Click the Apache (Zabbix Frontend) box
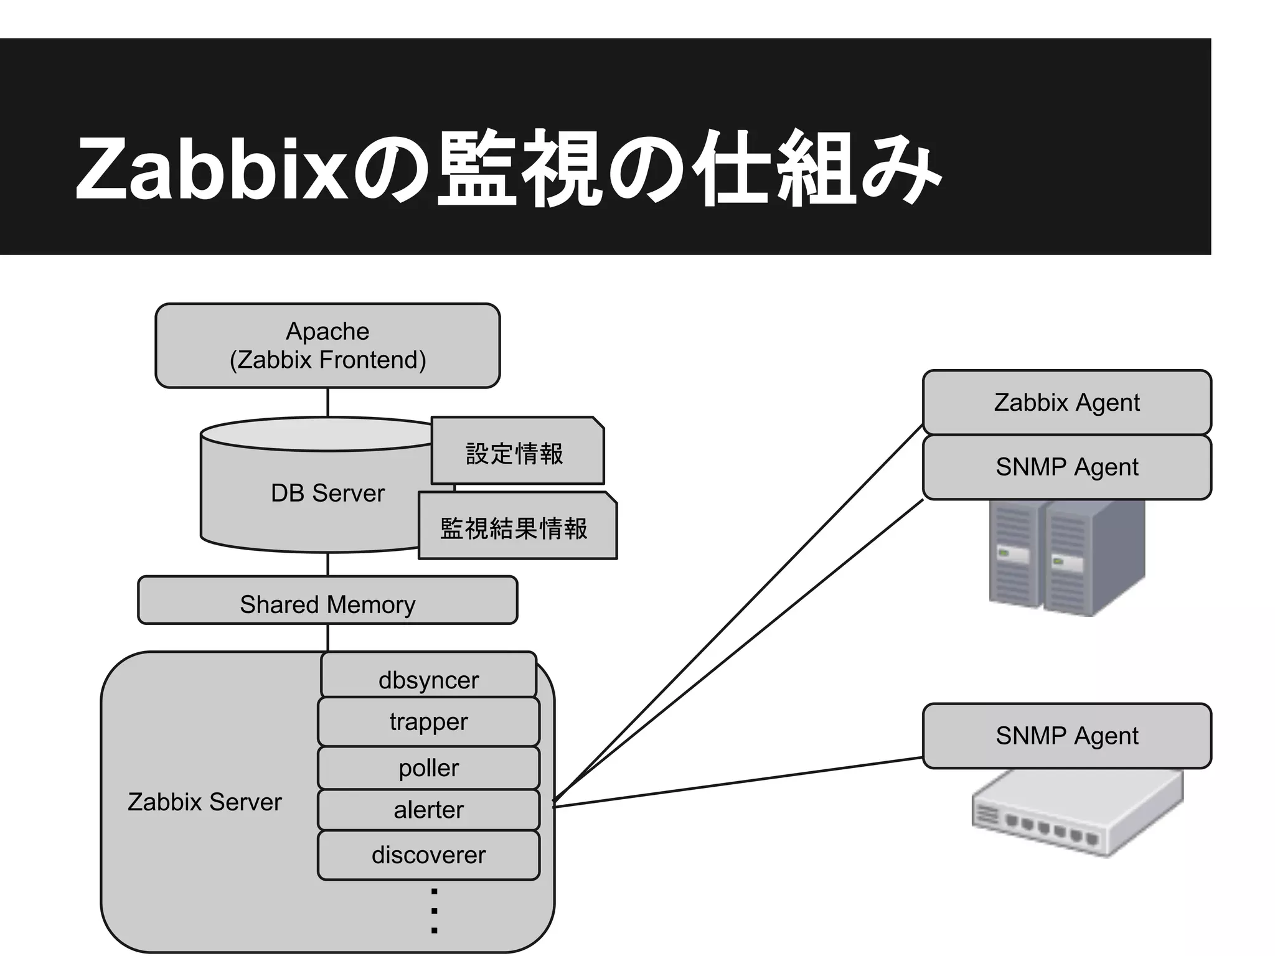pos(327,345)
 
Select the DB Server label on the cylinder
pos(327,493)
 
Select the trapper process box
pos(428,722)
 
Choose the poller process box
pos(428,768)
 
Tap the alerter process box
pos(428,810)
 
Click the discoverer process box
pos(428,855)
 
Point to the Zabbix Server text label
pos(204,802)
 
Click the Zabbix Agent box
pos(1066,402)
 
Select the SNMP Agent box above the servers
pos(1066,467)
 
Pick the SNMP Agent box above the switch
pos(1066,736)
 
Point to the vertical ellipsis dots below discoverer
pos(434,911)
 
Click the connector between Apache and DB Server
pos(327,403)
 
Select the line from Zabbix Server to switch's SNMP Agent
pos(738,782)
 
